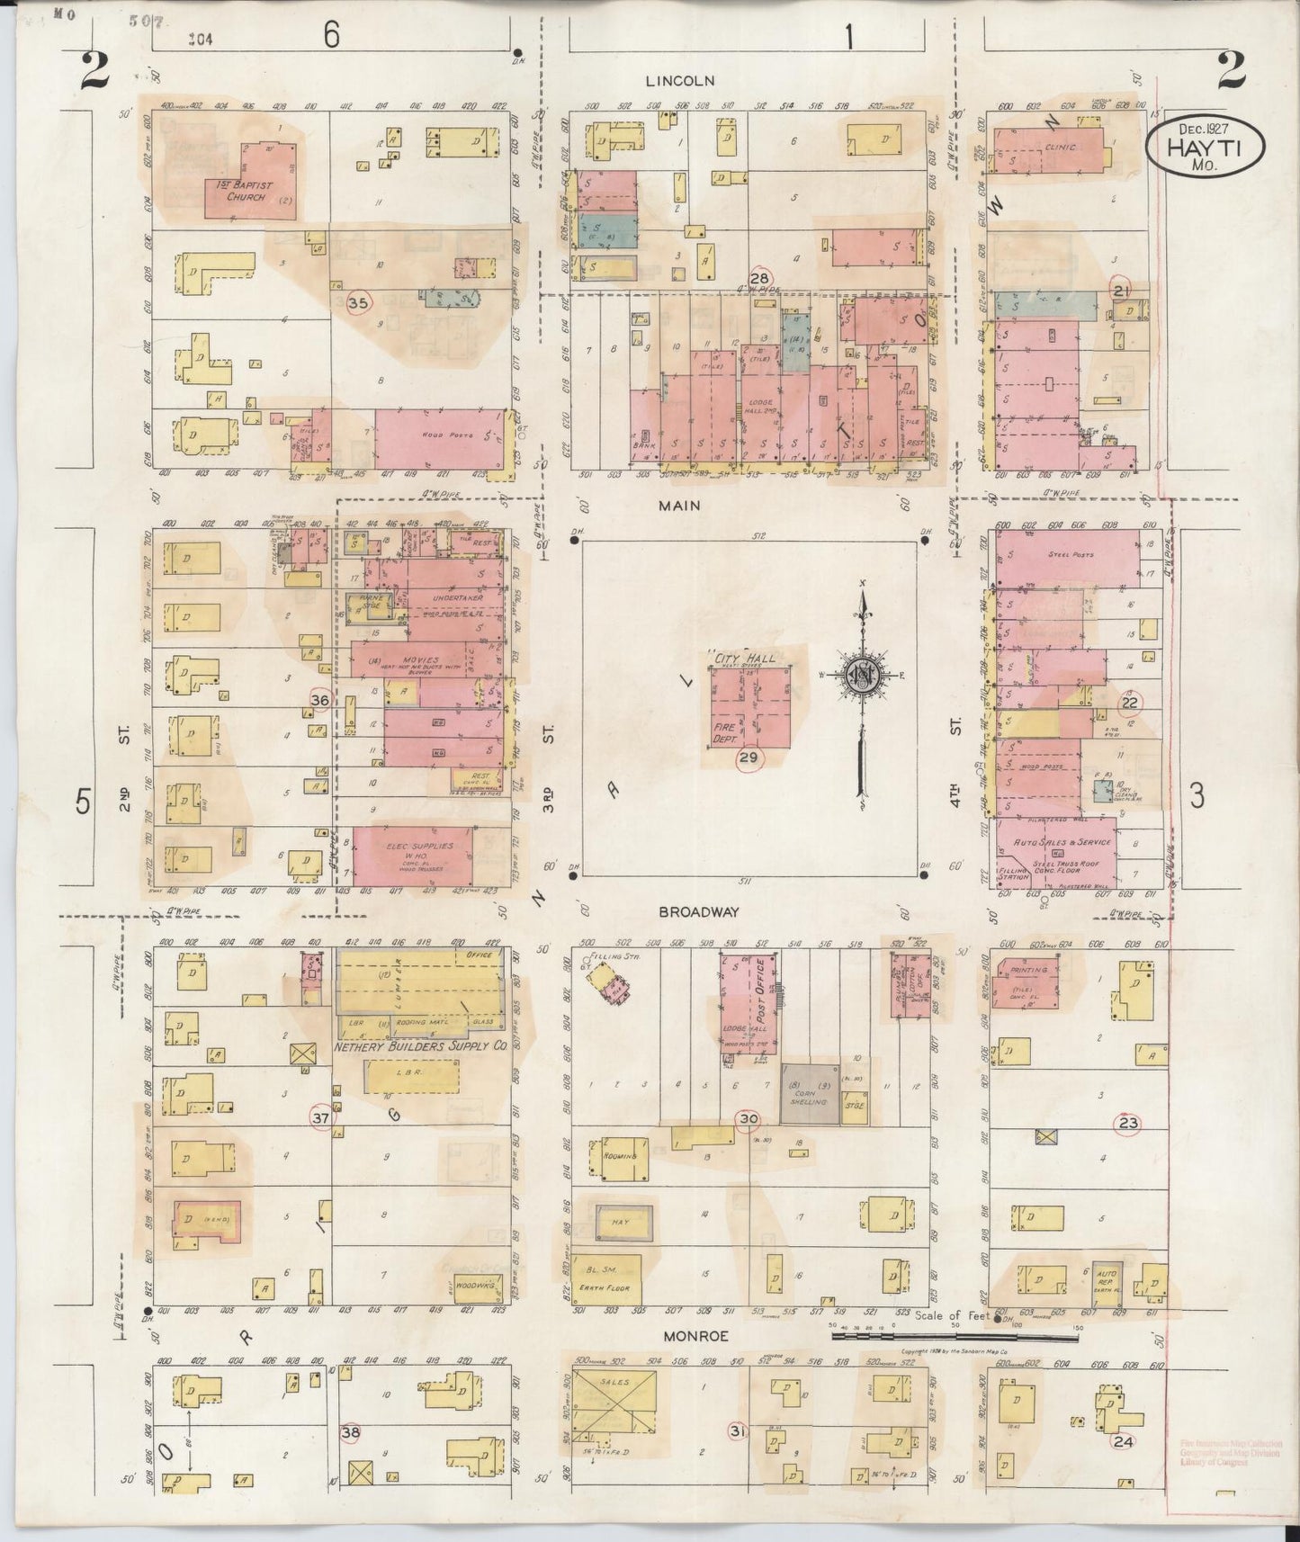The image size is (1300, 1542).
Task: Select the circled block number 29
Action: [x=749, y=758]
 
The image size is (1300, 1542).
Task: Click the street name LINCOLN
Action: [x=679, y=81]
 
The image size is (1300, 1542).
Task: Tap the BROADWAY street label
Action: [x=698, y=911]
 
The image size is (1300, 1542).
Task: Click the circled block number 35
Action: [x=358, y=303]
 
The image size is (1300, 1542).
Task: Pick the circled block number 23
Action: [x=1127, y=1122]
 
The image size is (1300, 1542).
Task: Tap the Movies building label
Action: [x=422, y=661]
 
